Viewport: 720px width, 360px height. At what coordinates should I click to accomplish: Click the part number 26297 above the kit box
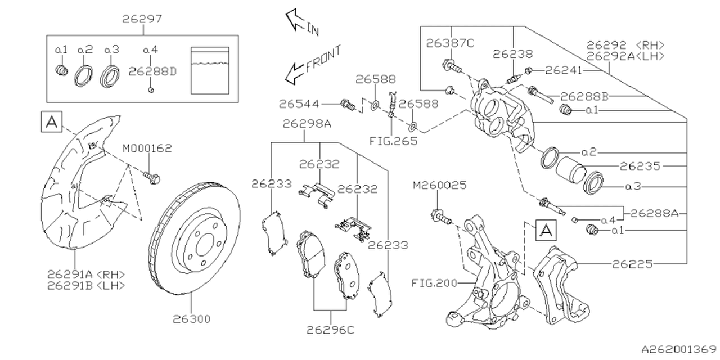click(142, 19)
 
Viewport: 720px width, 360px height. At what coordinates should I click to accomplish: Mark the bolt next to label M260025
click(440, 217)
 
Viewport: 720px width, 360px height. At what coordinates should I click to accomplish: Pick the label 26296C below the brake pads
click(331, 330)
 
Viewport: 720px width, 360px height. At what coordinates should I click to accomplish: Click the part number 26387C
click(450, 42)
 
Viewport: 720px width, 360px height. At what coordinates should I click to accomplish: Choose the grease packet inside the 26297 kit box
click(210, 70)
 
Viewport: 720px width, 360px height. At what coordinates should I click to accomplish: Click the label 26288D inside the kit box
click(152, 71)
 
